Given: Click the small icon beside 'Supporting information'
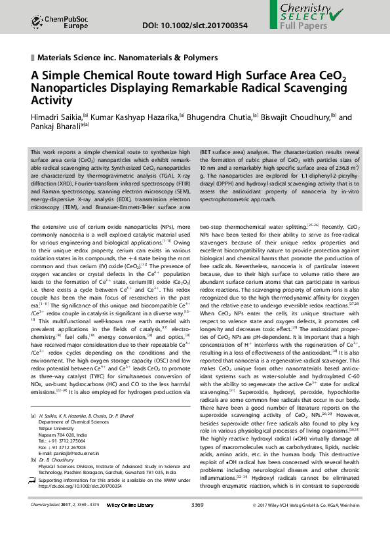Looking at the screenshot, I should (x=33, y=481).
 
